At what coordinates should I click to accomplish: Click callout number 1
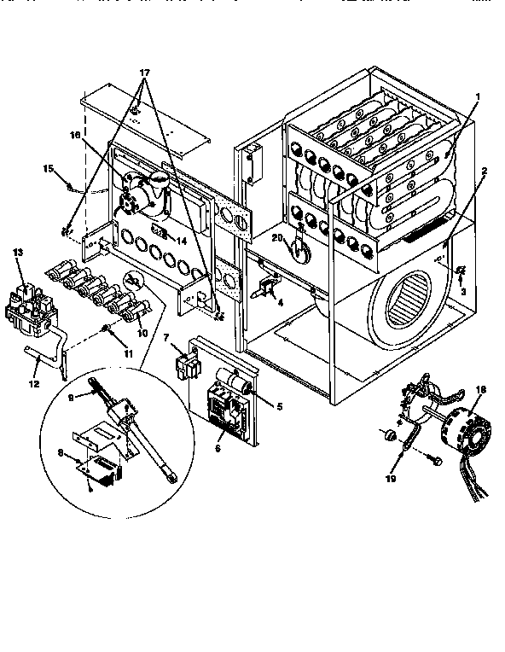pos(479,97)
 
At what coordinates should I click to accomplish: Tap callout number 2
pos(483,171)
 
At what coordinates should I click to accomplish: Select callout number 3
pos(462,291)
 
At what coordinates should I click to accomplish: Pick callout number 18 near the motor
pos(479,390)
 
